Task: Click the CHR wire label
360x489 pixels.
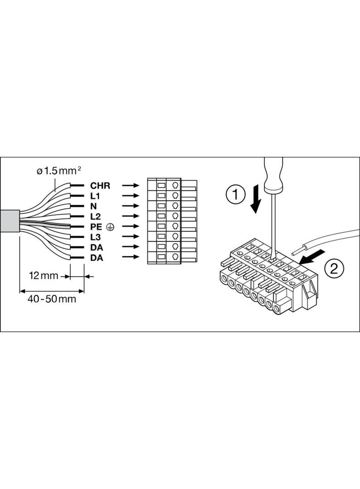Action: (x=100, y=186)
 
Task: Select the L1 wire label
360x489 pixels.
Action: (x=95, y=196)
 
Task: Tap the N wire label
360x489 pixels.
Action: (x=93, y=206)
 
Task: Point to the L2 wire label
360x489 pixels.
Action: (x=96, y=217)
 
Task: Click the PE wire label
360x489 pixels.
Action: (x=96, y=227)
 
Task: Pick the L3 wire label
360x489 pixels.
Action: (x=96, y=237)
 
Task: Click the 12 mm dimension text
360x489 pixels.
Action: (x=44, y=276)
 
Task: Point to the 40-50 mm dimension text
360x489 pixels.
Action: (x=52, y=299)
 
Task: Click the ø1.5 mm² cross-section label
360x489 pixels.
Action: (x=59, y=171)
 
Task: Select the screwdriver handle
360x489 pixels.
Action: (x=274, y=175)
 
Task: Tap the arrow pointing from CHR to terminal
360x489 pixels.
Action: (x=130, y=186)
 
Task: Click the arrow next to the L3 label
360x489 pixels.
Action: (x=130, y=237)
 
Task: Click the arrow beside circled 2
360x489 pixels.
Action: (x=312, y=257)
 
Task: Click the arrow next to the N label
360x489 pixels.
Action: (x=130, y=206)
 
